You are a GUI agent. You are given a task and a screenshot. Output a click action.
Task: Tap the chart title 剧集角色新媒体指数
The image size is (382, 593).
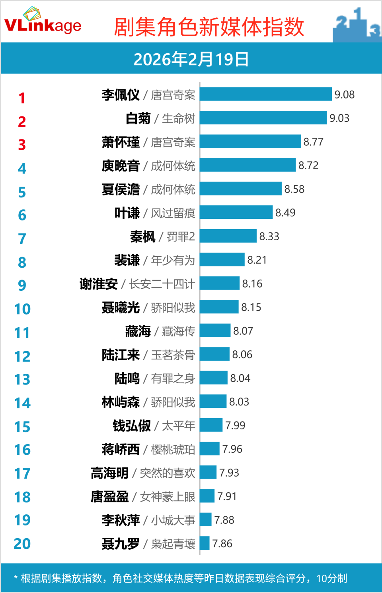[x=209, y=27]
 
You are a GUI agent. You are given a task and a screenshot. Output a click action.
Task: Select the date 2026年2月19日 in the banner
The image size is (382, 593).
[x=191, y=59]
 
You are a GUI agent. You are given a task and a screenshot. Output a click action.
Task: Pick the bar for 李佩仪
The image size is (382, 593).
[x=265, y=95]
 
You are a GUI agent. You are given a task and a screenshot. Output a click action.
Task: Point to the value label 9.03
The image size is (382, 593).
[x=339, y=118]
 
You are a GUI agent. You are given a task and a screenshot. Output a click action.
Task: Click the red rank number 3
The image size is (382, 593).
[x=22, y=145]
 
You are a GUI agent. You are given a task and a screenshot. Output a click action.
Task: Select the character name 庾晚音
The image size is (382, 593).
[x=121, y=166]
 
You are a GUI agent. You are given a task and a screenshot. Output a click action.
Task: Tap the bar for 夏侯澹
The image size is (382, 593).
[x=241, y=189]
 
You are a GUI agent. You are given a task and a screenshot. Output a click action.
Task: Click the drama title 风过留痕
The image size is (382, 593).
[x=173, y=213]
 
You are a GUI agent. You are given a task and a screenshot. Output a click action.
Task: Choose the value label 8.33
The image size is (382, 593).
[x=269, y=237]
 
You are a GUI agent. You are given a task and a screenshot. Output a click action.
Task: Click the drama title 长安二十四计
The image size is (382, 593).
[x=162, y=284]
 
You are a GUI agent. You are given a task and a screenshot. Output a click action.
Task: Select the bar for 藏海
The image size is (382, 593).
[x=215, y=331]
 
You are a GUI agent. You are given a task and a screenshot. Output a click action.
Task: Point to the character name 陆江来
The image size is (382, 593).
[x=121, y=355]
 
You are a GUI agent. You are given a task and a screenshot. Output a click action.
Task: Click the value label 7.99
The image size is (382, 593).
[x=235, y=426]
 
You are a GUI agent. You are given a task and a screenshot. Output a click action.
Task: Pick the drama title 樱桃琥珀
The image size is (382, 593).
[x=173, y=450]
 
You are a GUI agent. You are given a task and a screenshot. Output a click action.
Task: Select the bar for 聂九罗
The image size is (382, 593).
[x=205, y=543]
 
